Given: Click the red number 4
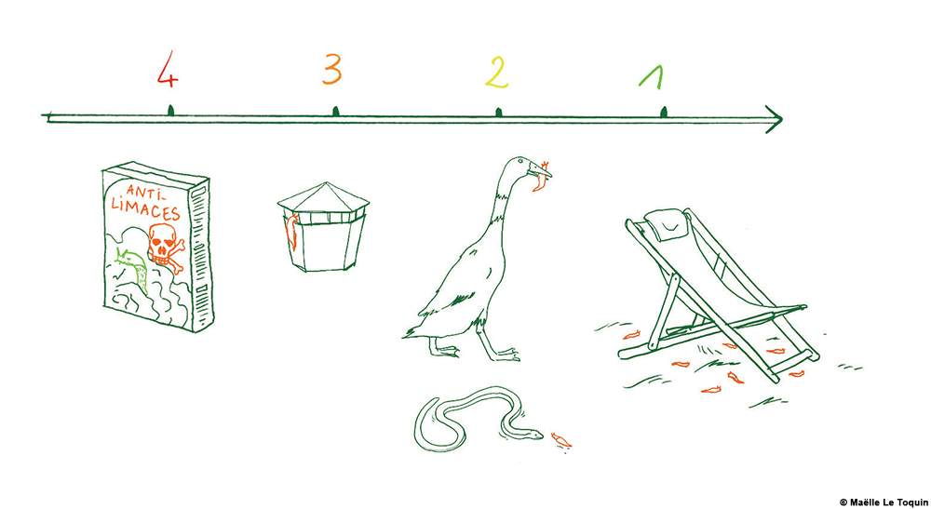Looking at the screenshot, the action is click(168, 70).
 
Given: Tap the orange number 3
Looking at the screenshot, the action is click(332, 69).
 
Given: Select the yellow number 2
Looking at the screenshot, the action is click(497, 74).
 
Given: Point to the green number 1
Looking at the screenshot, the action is click(652, 76).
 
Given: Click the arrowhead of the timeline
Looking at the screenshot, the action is click(775, 119).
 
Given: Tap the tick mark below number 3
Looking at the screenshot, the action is click(335, 111).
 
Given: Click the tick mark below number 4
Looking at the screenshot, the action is click(170, 111).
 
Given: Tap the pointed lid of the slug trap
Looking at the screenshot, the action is click(323, 197).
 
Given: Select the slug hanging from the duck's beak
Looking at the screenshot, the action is click(540, 181).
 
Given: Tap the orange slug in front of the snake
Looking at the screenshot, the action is click(560, 439).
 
